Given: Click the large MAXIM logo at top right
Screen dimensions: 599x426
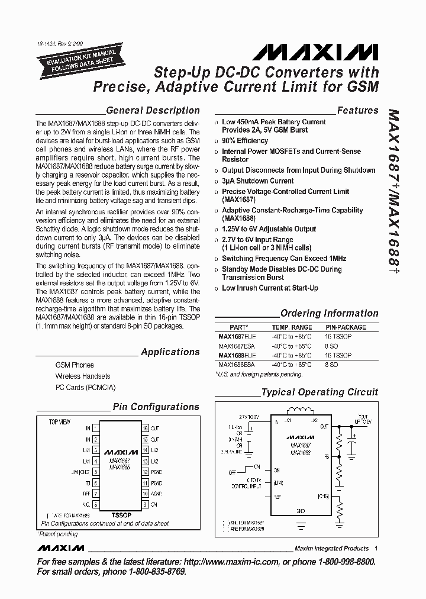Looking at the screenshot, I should tap(315, 54).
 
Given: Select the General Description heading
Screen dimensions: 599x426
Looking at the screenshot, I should tap(152, 110).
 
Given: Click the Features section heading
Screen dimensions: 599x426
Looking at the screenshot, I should tap(357, 110).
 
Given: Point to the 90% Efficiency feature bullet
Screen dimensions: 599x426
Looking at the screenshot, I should tap(244, 141).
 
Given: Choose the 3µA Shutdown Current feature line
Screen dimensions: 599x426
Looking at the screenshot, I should tap(257, 181).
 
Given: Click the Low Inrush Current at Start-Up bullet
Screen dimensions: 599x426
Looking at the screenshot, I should tap(269, 288).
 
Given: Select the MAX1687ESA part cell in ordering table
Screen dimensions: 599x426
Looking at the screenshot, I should tap(234, 346).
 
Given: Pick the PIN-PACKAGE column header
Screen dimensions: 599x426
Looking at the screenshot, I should tap(346, 327).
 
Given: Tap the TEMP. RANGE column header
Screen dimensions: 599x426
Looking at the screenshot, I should tap(292, 327).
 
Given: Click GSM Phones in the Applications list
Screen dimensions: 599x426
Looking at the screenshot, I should tap(75, 365).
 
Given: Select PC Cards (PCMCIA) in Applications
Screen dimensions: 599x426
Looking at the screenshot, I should tap(85, 387).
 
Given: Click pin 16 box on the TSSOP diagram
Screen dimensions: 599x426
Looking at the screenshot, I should tap(144, 428).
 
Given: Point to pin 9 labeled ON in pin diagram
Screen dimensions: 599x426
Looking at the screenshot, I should tap(144, 504).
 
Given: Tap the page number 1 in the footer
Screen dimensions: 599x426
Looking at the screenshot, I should tap(376, 548).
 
